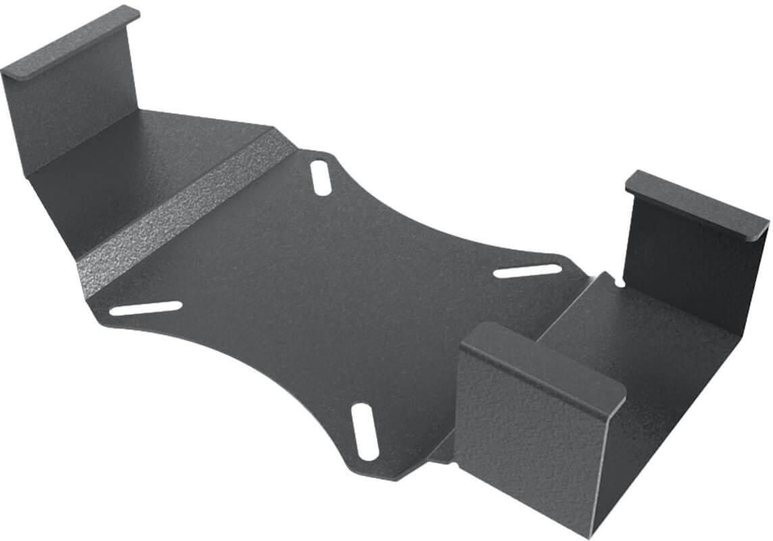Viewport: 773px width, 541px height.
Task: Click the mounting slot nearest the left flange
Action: tap(322, 177)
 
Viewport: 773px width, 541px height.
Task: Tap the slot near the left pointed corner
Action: tap(146, 308)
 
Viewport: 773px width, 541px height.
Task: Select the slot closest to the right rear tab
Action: tap(528, 271)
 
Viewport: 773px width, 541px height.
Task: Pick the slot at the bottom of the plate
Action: tap(365, 431)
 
